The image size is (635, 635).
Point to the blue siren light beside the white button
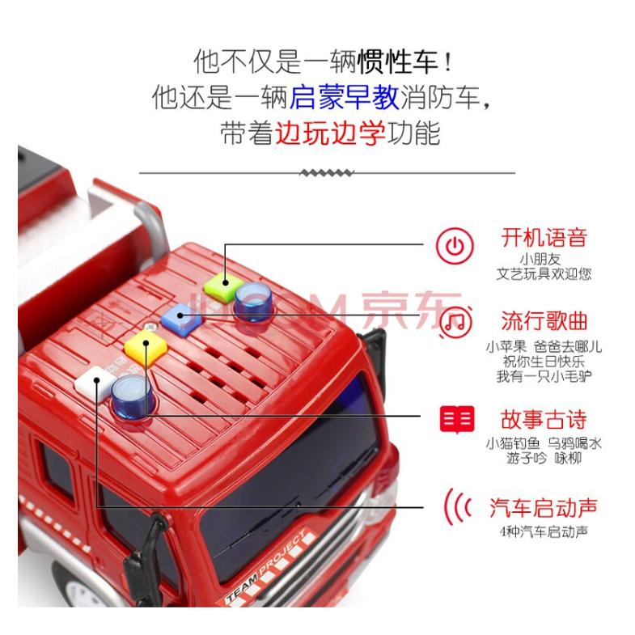click(x=129, y=394)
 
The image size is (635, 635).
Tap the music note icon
click(x=456, y=322)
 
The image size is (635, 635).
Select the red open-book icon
click(x=456, y=418)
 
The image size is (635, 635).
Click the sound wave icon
click(x=456, y=507)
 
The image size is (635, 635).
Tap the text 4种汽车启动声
click(x=544, y=531)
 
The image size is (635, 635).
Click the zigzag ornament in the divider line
click(x=327, y=172)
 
